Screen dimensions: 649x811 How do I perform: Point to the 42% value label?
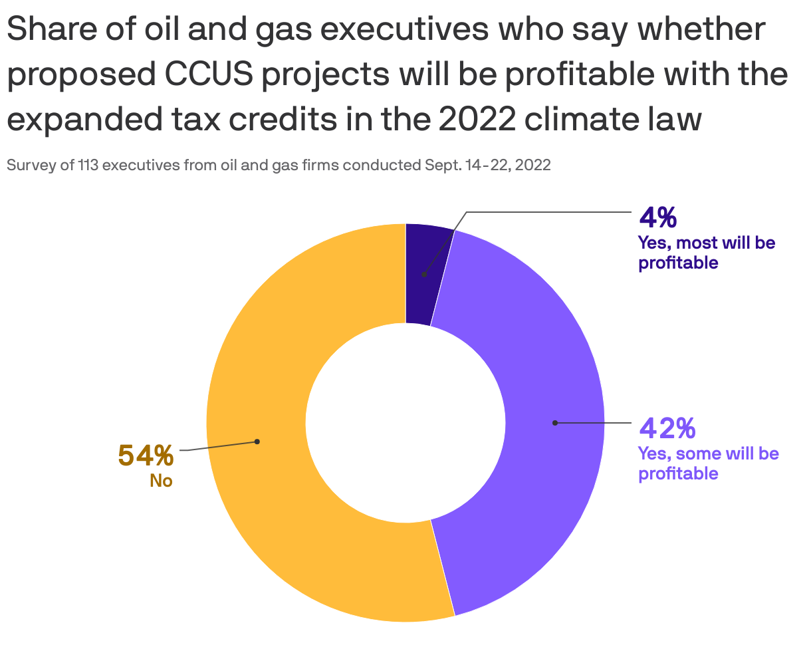click(x=667, y=428)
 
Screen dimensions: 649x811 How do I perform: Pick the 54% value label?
click(x=146, y=455)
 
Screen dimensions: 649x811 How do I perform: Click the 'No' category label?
click(x=161, y=480)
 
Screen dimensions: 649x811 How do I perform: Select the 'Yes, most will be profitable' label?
click(x=706, y=253)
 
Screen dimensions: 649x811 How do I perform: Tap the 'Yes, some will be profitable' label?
click(x=708, y=463)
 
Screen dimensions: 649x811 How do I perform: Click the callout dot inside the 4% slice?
click(x=423, y=274)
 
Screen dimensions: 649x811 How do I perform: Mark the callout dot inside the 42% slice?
click(x=555, y=422)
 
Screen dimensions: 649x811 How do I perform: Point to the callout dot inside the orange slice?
click(x=257, y=442)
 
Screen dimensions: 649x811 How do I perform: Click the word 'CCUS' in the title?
click(x=211, y=74)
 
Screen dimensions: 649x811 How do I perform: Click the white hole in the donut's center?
click(x=405, y=423)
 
